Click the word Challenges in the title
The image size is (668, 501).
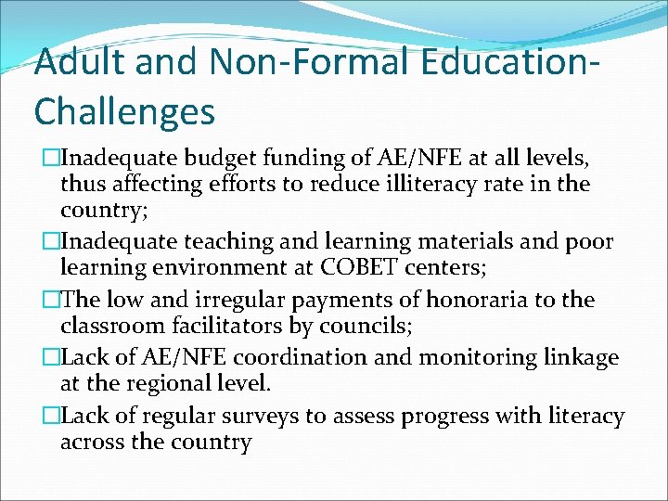pyautogui.click(x=124, y=111)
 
